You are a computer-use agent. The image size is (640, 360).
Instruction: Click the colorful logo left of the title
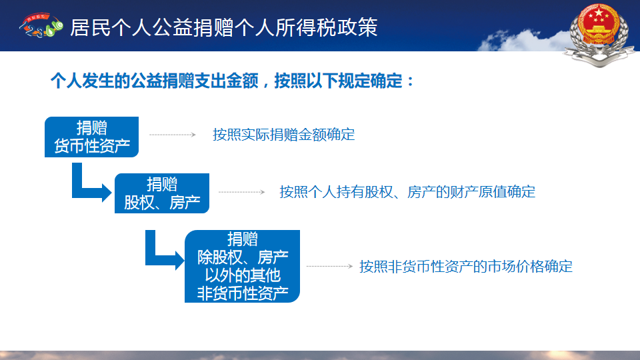pyautogui.click(x=41, y=25)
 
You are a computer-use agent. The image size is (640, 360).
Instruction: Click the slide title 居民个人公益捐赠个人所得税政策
pyautogui.click(x=224, y=28)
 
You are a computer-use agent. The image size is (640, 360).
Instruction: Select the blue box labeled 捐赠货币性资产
pyautogui.click(x=91, y=137)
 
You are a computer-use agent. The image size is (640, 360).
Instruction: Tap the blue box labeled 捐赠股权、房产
pyautogui.click(x=161, y=193)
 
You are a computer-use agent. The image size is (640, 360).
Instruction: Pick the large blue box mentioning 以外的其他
pyautogui.click(x=242, y=266)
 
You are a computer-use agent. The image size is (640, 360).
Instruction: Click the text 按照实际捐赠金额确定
pyautogui.click(x=284, y=135)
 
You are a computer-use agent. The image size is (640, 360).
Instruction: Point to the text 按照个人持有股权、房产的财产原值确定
pyautogui.click(x=407, y=192)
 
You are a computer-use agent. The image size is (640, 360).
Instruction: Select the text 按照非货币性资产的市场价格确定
pyautogui.click(x=466, y=267)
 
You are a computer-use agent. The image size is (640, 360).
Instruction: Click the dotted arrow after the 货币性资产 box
pyautogui.click(x=173, y=135)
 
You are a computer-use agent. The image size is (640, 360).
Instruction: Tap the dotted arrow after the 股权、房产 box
pyautogui.click(x=241, y=192)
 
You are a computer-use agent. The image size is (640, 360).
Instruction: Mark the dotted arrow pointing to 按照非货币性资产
pyautogui.click(x=330, y=266)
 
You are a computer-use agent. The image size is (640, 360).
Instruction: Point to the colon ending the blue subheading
pyautogui.click(x=410, y=81)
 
